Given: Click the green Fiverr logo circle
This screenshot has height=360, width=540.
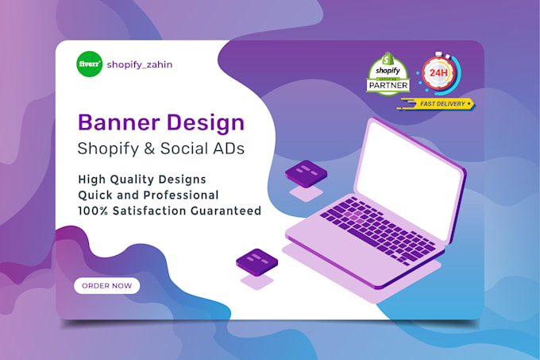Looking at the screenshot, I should [x=89, y=65].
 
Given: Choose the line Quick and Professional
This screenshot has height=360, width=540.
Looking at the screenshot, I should [x=148, y=195].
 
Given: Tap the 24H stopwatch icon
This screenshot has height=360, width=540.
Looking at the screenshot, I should [x=437, y=74].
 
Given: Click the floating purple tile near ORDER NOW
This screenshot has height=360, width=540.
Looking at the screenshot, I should [x=256, y=260].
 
